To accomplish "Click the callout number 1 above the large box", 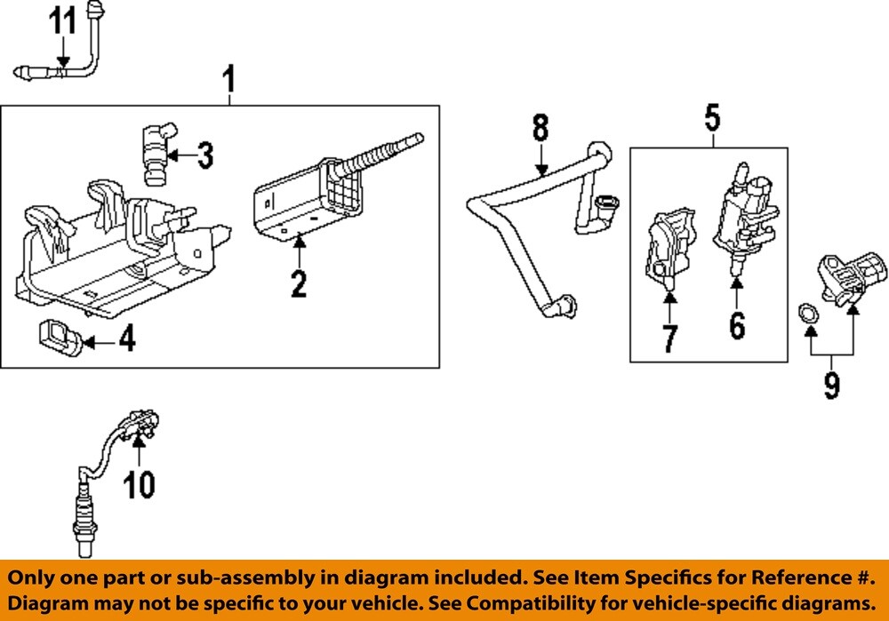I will [228, 82].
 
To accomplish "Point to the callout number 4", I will [127, 338].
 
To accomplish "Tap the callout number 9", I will [831, 386].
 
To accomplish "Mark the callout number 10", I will [139, 484].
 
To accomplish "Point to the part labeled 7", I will [667, 250].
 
